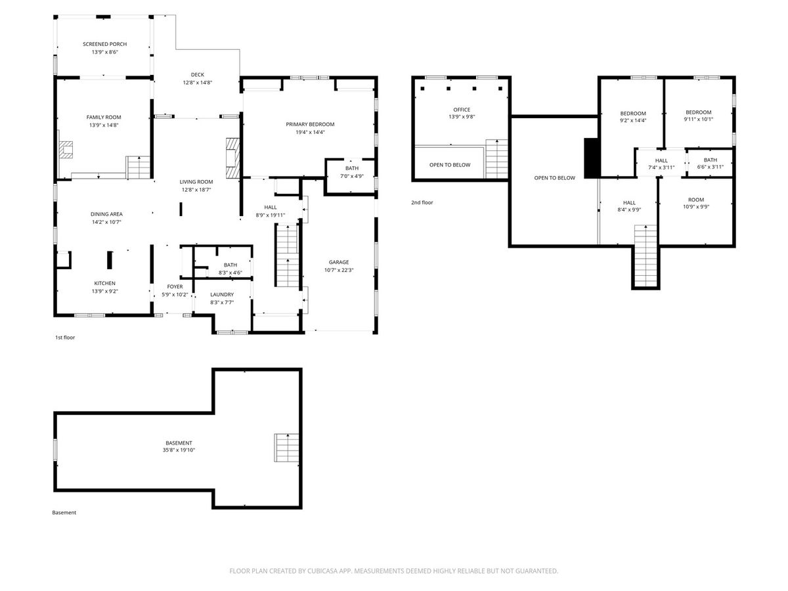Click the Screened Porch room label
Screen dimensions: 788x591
104,44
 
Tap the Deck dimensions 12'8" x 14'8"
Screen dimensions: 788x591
198,83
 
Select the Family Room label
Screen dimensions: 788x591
104,118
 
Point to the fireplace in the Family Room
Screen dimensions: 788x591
66,150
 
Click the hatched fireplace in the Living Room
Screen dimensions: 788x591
232,158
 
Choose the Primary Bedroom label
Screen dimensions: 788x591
310,125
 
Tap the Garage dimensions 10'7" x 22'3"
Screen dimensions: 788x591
339,270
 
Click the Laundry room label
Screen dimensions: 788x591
222,295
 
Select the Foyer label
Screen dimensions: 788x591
175,287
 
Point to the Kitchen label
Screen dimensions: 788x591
105,284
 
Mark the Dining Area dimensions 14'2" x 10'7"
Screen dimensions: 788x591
106,222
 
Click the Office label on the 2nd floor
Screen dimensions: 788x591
462,110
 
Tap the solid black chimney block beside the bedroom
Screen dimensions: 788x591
592,158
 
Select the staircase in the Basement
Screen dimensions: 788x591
286,448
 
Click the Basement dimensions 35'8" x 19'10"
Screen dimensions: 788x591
179,450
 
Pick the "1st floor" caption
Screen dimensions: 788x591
65,338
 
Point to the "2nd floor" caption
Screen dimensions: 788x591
422,203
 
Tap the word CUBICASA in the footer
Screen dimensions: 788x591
322,571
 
